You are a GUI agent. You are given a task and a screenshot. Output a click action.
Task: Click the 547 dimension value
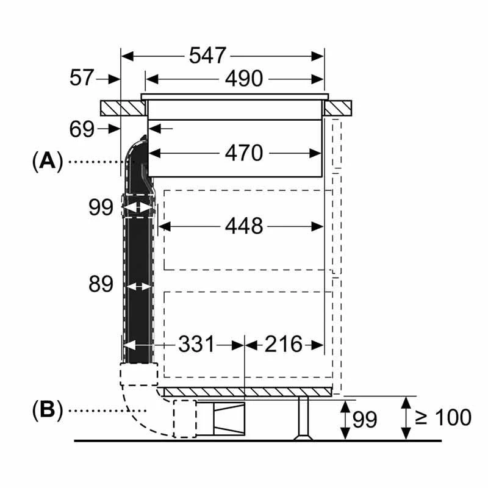tap(207, 56)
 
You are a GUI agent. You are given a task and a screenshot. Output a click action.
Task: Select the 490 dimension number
tap(244, 79)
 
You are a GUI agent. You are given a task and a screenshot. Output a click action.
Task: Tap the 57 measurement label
tap(82, 77)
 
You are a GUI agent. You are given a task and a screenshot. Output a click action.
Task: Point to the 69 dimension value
tap(82, 129)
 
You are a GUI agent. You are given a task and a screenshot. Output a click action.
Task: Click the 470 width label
tap(244, 153)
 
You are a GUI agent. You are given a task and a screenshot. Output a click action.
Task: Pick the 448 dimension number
tap(244, 226)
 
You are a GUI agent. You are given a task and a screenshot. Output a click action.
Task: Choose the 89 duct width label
tap(101, 284)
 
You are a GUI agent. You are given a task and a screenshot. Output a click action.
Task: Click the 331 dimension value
tap(196, 344)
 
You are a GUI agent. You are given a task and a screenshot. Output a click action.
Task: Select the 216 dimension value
tap(283, 344)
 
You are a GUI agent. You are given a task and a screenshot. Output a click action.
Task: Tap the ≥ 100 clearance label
tap(443, 417)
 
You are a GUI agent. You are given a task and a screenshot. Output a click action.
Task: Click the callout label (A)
tap(48, 162)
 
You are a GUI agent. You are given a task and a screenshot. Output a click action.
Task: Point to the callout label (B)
tap(48, 410)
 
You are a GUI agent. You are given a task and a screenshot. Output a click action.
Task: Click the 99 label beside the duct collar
tap(101, 207)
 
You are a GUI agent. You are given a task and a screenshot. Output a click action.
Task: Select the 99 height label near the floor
tap(365, 419)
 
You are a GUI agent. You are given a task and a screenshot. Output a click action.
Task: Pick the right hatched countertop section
tap(337, 109)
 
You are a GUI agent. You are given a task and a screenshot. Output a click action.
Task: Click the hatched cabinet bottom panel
tap(248, 392)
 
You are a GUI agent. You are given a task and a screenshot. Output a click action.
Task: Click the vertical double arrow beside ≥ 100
tap(406, 418)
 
